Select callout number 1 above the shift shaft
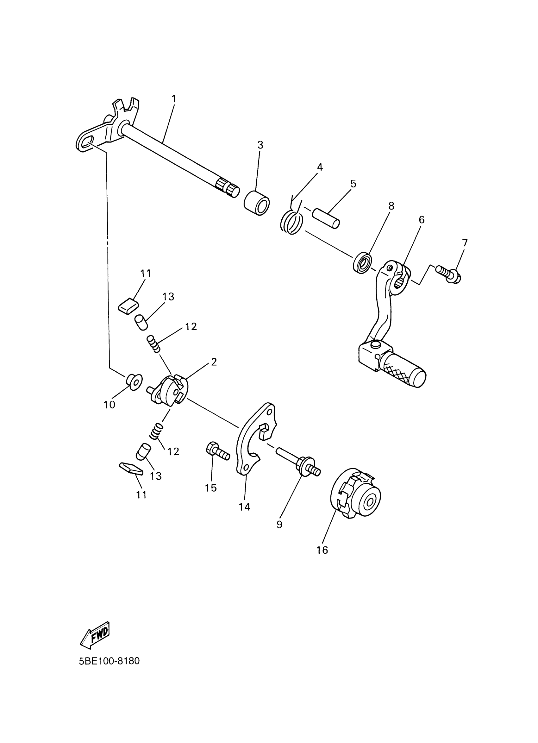point(174,98)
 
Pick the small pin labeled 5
point(325,217)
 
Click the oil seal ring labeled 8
point(362,262)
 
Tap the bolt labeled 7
point(447,275)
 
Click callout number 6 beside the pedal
point(422,219)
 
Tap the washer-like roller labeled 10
point(134,381)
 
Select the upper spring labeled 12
point(153,343)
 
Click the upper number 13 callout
point(168,297)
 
